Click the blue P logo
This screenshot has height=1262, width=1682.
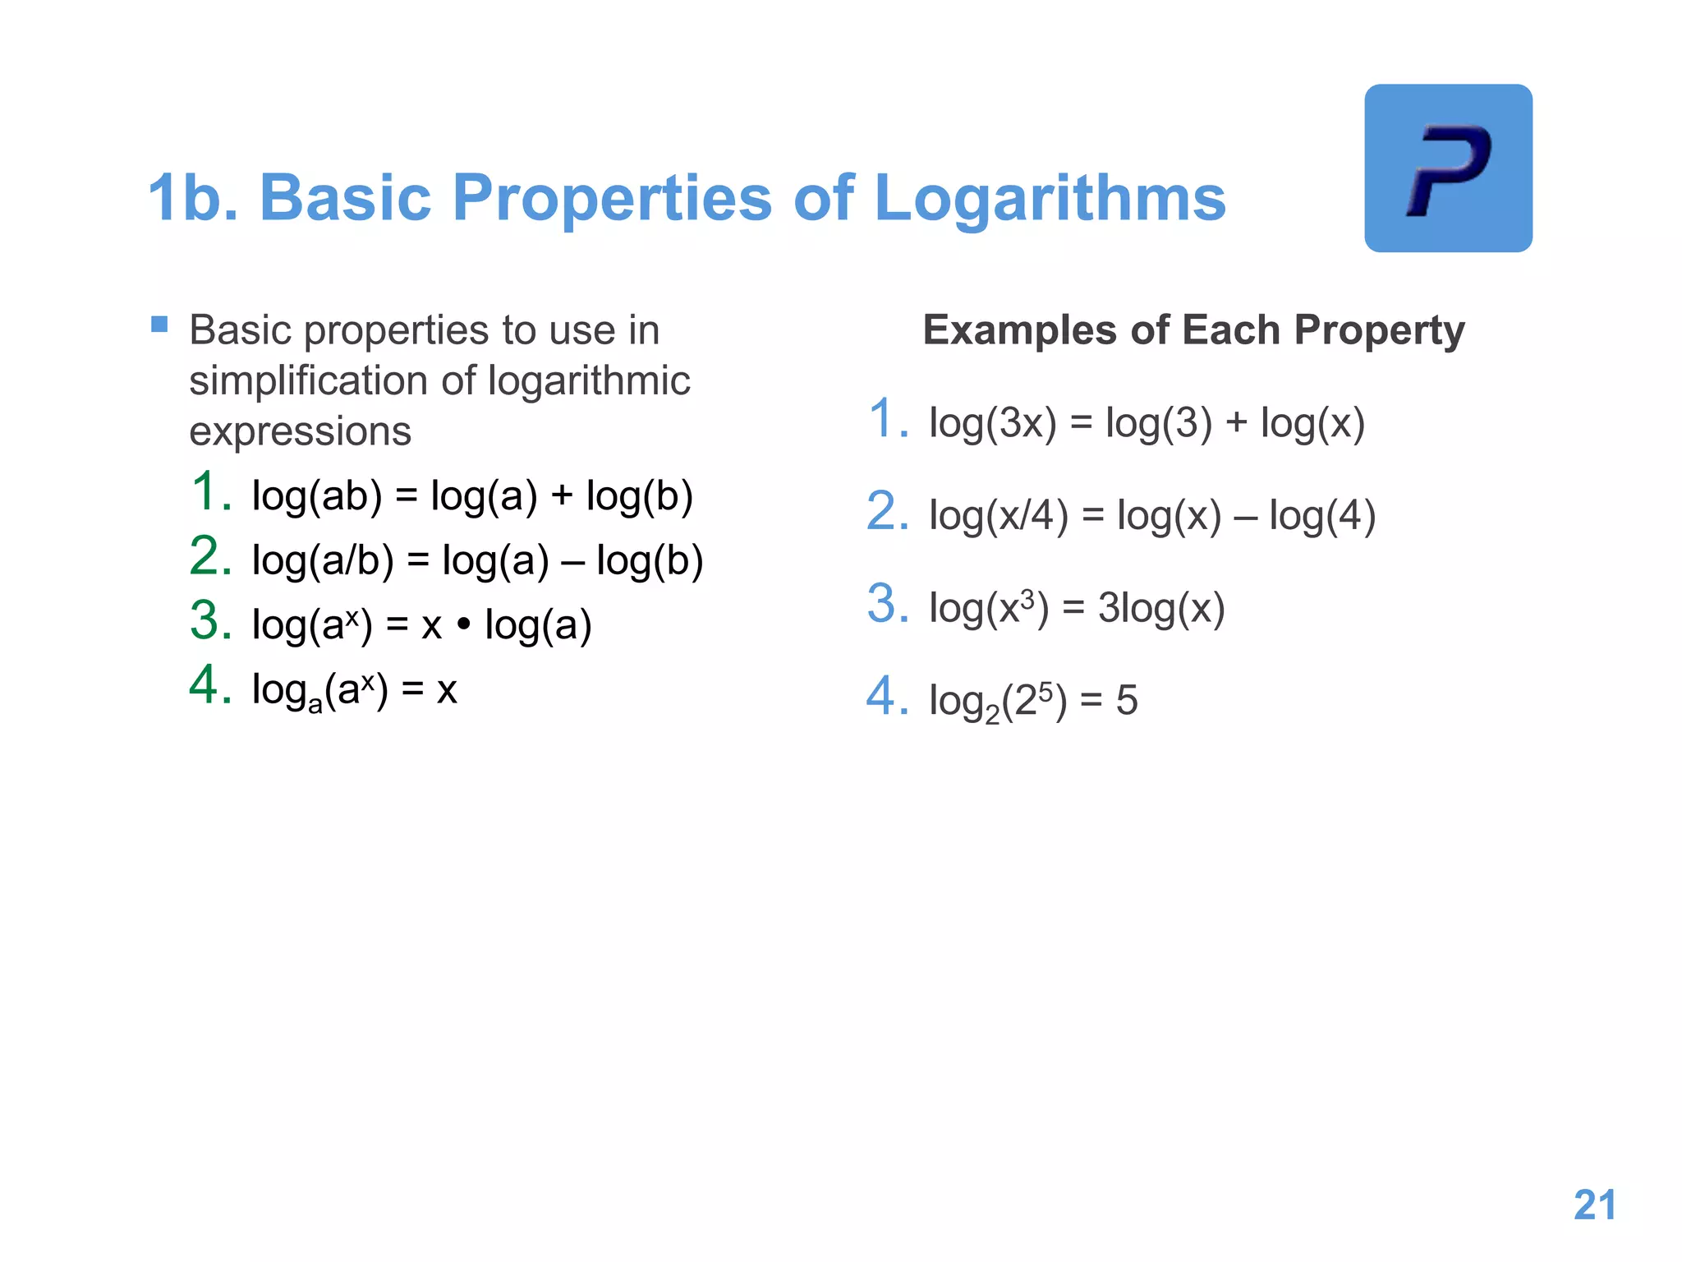click(x=1448, y=168)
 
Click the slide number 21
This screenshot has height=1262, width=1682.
click(x=1594, y=1205)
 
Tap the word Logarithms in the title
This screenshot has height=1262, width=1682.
click(x=1050, y=198)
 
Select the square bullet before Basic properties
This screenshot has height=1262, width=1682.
click(x=159, y=325)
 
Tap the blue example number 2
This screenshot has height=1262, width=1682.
click(x=888, y=512)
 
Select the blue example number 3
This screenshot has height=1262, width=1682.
click(x=888, y=604)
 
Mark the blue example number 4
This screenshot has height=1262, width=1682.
click(x=888, y=697)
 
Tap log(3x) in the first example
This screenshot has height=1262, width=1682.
click(x=992, y=423)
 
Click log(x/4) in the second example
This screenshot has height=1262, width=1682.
click(x=998, y=516)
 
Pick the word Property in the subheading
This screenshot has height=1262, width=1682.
click(x=1379, y=330)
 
